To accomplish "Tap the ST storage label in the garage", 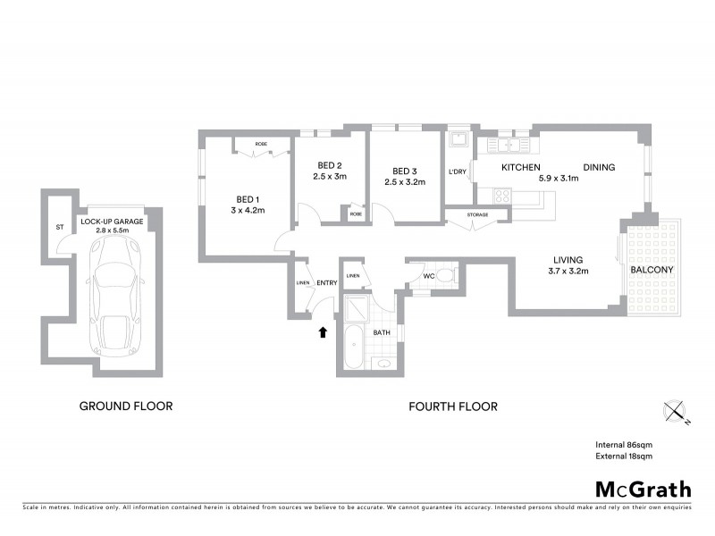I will [x=60, y=228].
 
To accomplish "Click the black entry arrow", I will [x=323, y=332].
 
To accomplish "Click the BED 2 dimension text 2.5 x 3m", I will [x=330, y=177].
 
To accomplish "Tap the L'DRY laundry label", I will [x=458, y=172].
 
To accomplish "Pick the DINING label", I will [x=600, y=167].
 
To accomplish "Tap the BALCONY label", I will [x=652, y=269].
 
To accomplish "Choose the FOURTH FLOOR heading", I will [x=453, y=406].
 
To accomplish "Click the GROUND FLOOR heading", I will [x=126, y=406].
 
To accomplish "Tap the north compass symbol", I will [x=677, y=412].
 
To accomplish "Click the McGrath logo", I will [x=643, y=489].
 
